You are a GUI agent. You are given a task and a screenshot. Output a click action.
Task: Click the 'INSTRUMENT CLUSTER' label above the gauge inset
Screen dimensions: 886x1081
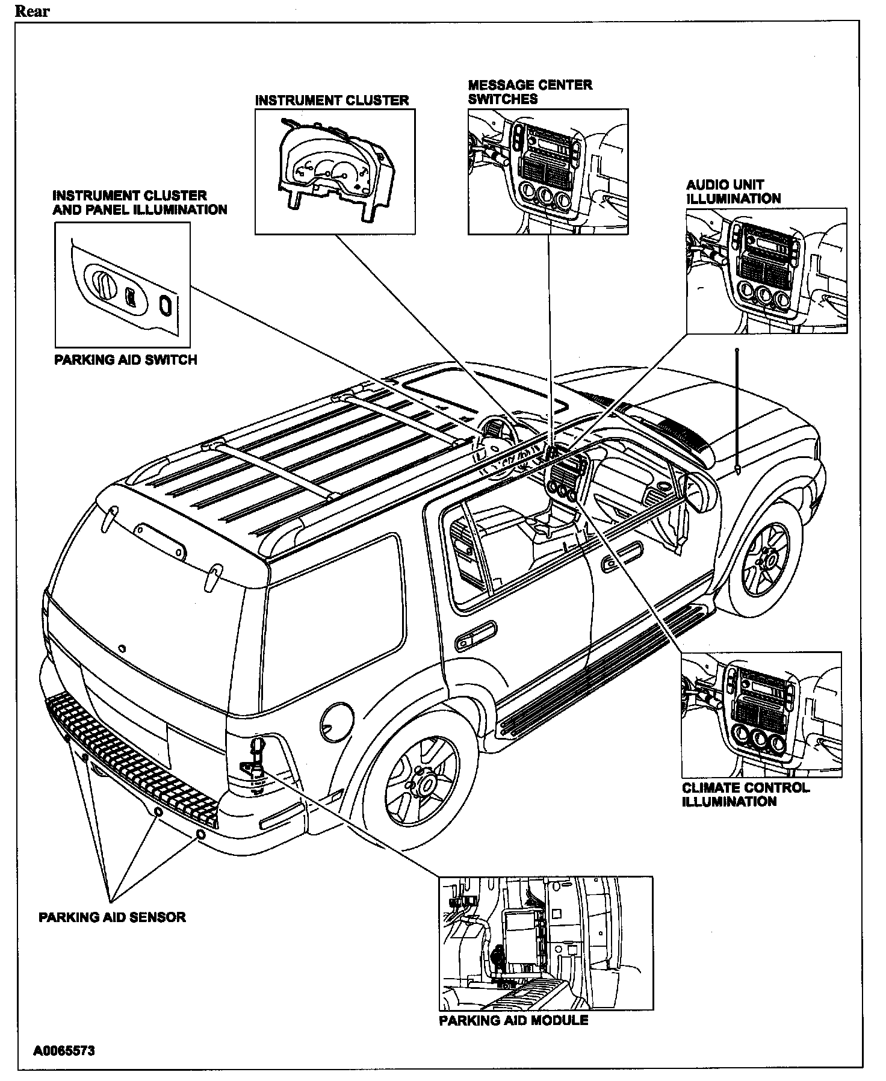[x=332, y=101]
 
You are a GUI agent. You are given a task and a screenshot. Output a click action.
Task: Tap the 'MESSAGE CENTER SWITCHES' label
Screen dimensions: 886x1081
[x=530, y=92]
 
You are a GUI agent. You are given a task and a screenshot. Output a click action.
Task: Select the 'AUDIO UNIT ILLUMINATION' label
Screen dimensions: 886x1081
[x=734, y=191]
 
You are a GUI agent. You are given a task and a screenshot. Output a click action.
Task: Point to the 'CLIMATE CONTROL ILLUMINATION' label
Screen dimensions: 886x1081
[x=746, y=794]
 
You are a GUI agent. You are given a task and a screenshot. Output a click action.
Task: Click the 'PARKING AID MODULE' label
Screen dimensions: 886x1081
[x=513, y=1020]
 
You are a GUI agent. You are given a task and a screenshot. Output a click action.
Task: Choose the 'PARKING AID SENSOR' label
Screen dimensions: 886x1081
[x=112, y=917]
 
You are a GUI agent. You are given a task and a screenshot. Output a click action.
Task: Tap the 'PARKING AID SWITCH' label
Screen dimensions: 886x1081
[x=126, y=360]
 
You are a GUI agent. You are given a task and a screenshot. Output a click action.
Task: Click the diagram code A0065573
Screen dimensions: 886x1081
[x=64, y=1051]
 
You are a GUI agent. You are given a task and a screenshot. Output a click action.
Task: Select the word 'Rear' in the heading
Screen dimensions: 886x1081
[x=33, y=11]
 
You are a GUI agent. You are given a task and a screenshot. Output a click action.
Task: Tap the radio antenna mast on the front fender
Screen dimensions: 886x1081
[x=737, y=410]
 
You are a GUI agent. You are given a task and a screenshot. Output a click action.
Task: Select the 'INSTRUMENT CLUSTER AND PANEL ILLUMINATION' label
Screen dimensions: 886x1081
[x=140, y=203]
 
